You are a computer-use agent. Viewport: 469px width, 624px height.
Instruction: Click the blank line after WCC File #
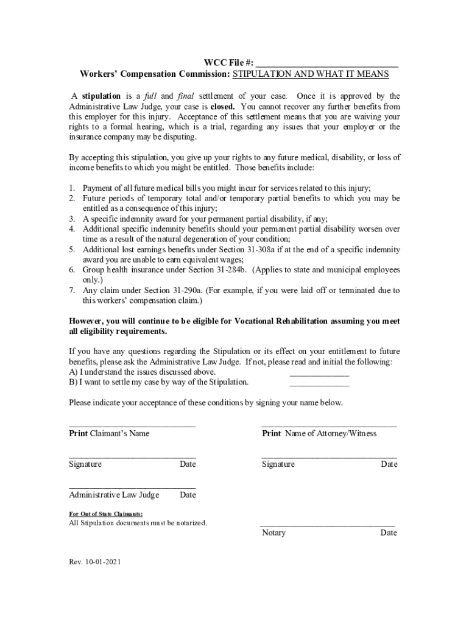[327, 64]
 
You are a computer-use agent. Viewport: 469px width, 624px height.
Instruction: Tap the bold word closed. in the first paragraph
[224, 106]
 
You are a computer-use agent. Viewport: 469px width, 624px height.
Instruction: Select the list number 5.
[71, 250]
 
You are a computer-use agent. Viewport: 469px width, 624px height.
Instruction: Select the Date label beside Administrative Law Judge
[188, 495]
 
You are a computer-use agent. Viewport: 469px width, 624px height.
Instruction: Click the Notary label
[273, 533]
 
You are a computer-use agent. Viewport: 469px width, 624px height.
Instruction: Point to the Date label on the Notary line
[389, 533]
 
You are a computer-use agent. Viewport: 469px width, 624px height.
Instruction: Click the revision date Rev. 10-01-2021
[95, 562]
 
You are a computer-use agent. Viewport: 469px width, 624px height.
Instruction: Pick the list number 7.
[71, 291]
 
